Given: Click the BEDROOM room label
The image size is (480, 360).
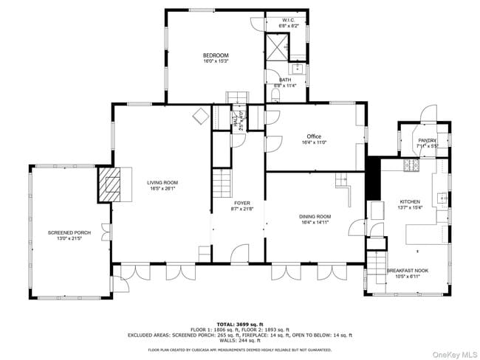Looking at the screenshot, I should [x=216, y=55].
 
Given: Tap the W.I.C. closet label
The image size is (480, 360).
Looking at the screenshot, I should [x=288, y=20].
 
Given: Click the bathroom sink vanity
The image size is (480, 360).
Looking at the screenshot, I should [x=297, y=69].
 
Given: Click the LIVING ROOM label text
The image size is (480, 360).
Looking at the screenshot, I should [x=162, y=183].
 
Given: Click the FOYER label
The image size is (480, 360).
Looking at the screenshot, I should [x=242, y=203].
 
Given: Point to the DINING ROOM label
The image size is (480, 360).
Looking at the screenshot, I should [x=315, y=217].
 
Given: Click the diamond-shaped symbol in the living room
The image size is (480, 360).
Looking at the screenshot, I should [x=199, y=116].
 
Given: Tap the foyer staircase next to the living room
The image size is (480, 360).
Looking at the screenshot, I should [x=222, y=181].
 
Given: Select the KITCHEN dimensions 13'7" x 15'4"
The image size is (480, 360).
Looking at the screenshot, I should [x=410, y=207].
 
